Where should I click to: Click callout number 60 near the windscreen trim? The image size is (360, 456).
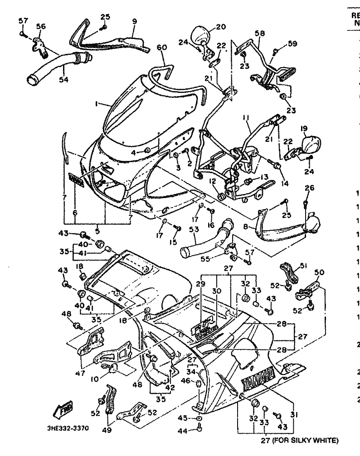tap(162, 47)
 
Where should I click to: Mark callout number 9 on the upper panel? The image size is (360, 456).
tap(134, 21)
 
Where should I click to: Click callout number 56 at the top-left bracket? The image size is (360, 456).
tap(41, 27)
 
